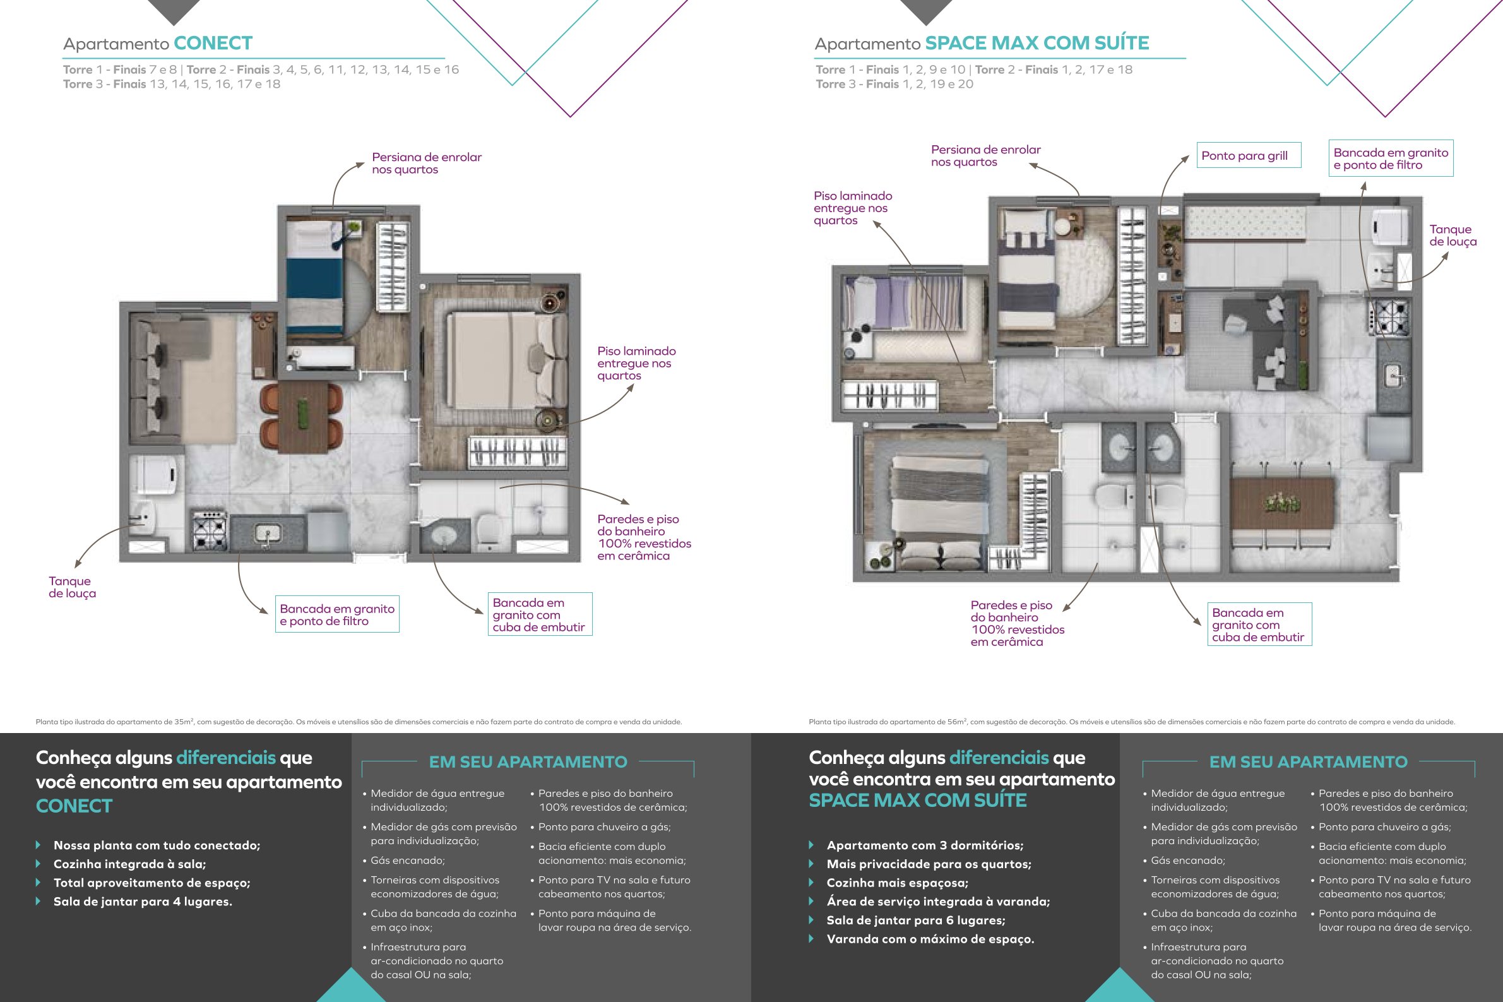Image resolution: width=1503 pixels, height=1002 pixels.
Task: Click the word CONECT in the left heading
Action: (x=213, y=44)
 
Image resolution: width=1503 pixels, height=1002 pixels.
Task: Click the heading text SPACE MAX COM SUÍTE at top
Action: (x=1037, y=44)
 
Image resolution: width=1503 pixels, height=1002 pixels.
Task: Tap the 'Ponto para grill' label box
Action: (x=1248, y=155)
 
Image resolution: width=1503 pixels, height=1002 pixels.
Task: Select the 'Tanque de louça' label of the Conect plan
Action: (x=72, y=587)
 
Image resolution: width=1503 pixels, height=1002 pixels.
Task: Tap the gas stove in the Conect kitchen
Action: (x=210, y=530)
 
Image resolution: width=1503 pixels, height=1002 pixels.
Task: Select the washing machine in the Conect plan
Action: (x=155, y=474)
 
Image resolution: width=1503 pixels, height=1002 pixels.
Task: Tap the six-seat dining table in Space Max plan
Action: (x=1282, y=503)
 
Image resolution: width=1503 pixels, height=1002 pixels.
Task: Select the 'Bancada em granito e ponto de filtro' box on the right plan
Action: (x=1391, y=158)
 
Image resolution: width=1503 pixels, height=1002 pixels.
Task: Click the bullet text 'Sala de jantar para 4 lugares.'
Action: (x=143, y=902)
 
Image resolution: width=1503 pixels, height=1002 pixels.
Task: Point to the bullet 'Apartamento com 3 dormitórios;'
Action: (x=925, y=845)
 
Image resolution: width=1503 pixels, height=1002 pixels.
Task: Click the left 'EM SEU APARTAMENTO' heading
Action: (x=528, y=761)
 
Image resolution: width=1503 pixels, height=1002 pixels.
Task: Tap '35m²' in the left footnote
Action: (x=183, y=722)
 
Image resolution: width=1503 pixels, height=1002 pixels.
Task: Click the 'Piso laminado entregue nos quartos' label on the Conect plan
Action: (x=636, y=363)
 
